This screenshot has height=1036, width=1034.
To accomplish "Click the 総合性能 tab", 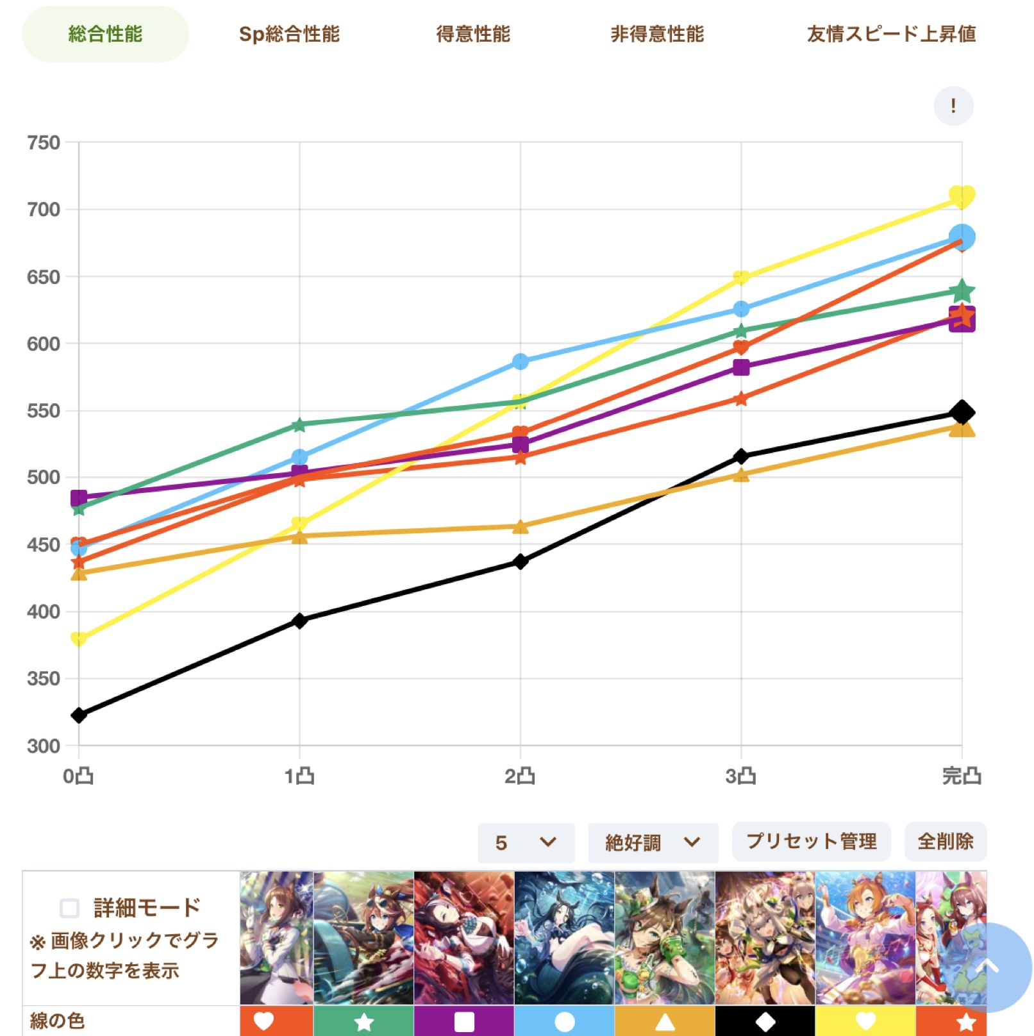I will (x=105, y=34).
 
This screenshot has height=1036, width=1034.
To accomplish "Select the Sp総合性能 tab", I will (x=289, y=34).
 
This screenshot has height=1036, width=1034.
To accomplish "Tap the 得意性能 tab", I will (x=473, y=34).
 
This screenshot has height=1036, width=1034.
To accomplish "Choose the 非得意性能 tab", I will (x=657, y=34).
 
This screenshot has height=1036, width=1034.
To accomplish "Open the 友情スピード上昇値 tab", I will (x=891, y=34).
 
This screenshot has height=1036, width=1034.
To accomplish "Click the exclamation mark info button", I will (x=953, y=106).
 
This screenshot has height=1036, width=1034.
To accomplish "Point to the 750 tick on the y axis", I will (x=44, y=142).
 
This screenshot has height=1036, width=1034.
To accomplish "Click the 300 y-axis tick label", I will (x=44, y=746).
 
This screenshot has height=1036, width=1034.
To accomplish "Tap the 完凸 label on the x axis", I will (x=962, y=776).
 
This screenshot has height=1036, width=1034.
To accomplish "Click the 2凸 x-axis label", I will (x=520, y=776).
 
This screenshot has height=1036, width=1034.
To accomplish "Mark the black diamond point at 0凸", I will (x=79, y=715).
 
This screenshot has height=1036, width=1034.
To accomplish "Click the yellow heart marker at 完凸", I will (x=962, y=196).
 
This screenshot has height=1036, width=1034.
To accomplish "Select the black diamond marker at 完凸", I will (x=962, y=412).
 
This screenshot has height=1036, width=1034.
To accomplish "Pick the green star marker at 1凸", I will (x=299, y=424).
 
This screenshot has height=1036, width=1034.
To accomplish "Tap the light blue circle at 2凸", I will (x=521, y=362).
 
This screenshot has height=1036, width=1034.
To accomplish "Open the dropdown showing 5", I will (x=526, y=842).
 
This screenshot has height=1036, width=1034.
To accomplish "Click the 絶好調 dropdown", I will (x=653, y=842).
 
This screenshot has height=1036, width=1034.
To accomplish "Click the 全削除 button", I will (x=946, y=841).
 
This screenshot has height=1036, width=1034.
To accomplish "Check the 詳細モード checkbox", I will (x=70, y=908).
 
